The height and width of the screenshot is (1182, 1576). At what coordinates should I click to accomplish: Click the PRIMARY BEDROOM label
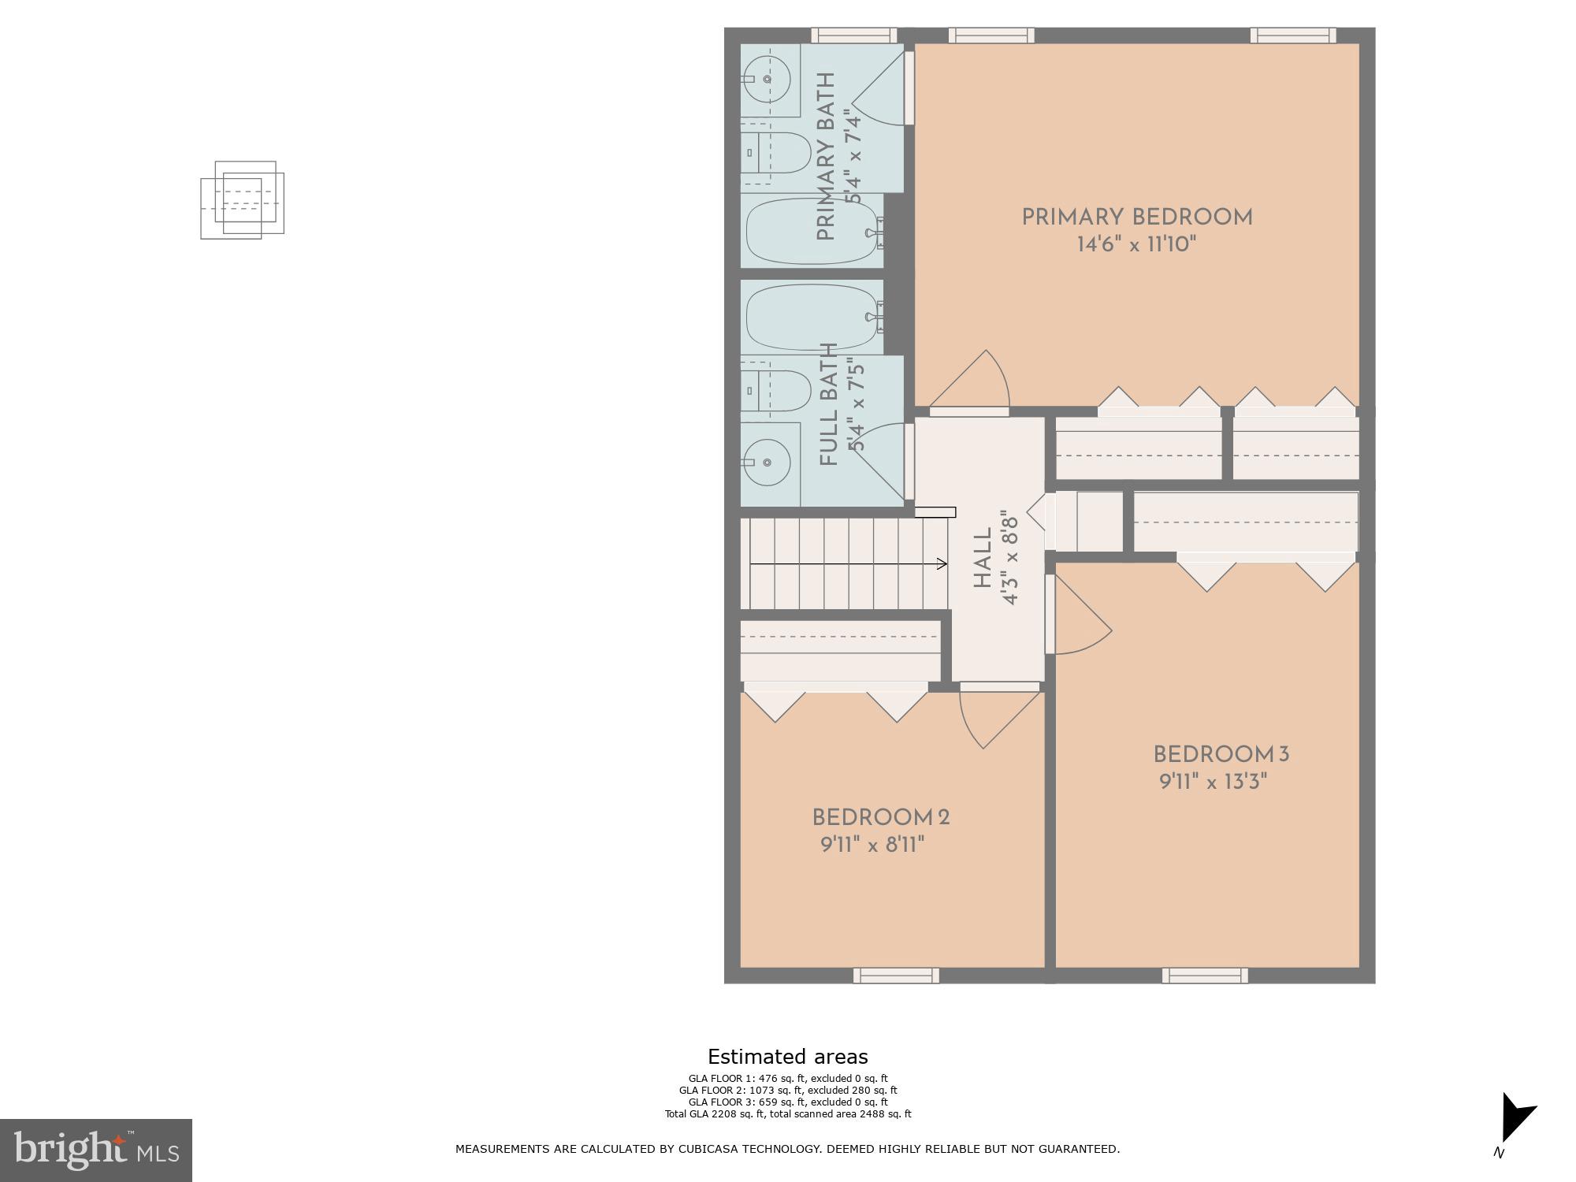1136,217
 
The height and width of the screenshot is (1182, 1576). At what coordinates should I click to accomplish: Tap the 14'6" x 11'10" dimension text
1136,245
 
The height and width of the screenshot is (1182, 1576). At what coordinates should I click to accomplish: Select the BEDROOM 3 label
1221,755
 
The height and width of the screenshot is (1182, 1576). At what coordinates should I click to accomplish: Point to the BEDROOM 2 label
881,818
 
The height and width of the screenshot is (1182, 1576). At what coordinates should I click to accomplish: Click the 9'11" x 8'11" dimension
872,846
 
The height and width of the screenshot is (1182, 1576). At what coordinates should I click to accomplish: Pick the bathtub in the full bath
812,317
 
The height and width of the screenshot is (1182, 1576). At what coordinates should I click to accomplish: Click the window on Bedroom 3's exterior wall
1205,976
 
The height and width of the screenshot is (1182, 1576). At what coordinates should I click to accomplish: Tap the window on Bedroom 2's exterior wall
896,976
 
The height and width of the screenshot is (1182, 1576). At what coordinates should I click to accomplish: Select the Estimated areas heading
787,1057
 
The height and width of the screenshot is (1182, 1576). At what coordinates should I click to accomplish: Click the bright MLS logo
95,1150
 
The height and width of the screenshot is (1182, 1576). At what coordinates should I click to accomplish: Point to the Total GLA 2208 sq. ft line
787,1114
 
